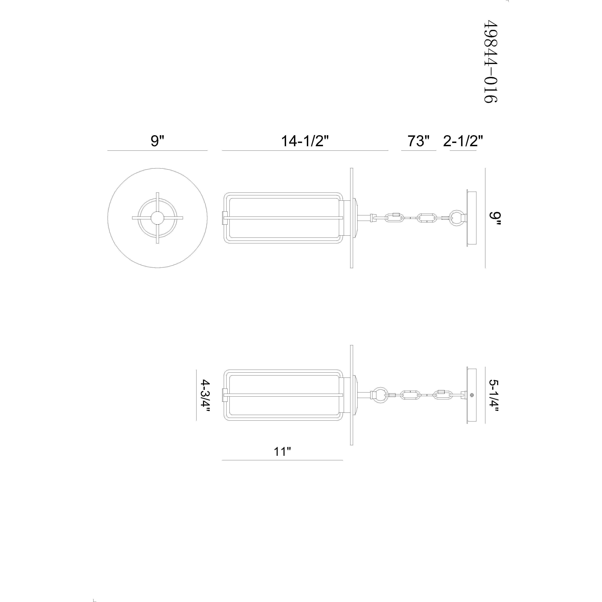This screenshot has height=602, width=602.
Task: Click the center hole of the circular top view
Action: click(157, 218)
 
